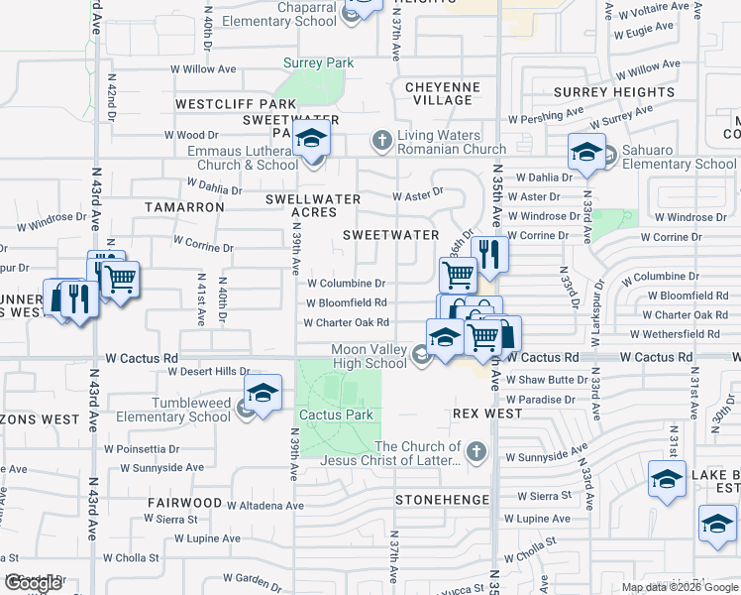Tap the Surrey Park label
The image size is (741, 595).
[318, 63]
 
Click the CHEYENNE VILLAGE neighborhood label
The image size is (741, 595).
[443, 93]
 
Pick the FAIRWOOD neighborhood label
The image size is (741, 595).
[183, 503]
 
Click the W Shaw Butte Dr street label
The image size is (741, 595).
[547, 380]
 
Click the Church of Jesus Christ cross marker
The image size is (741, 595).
[477, 452]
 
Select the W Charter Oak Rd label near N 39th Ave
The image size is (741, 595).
[346, 322]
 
